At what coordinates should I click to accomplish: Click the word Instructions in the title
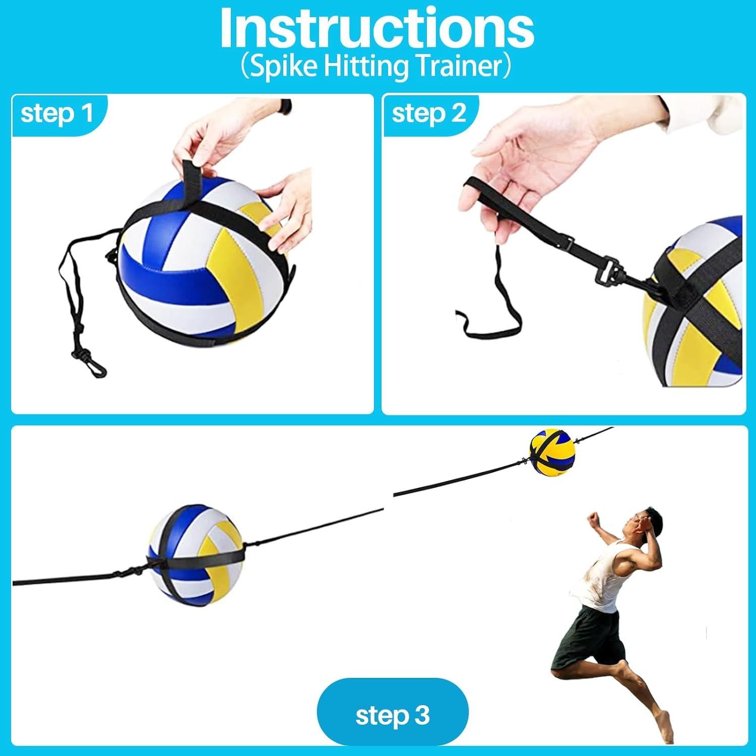pyautogui.click(x=376, y=29)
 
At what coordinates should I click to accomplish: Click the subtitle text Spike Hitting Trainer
pyautogui.click(x=376, y=67)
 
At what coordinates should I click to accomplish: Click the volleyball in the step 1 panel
pyautogui.click(x=202, y=267)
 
